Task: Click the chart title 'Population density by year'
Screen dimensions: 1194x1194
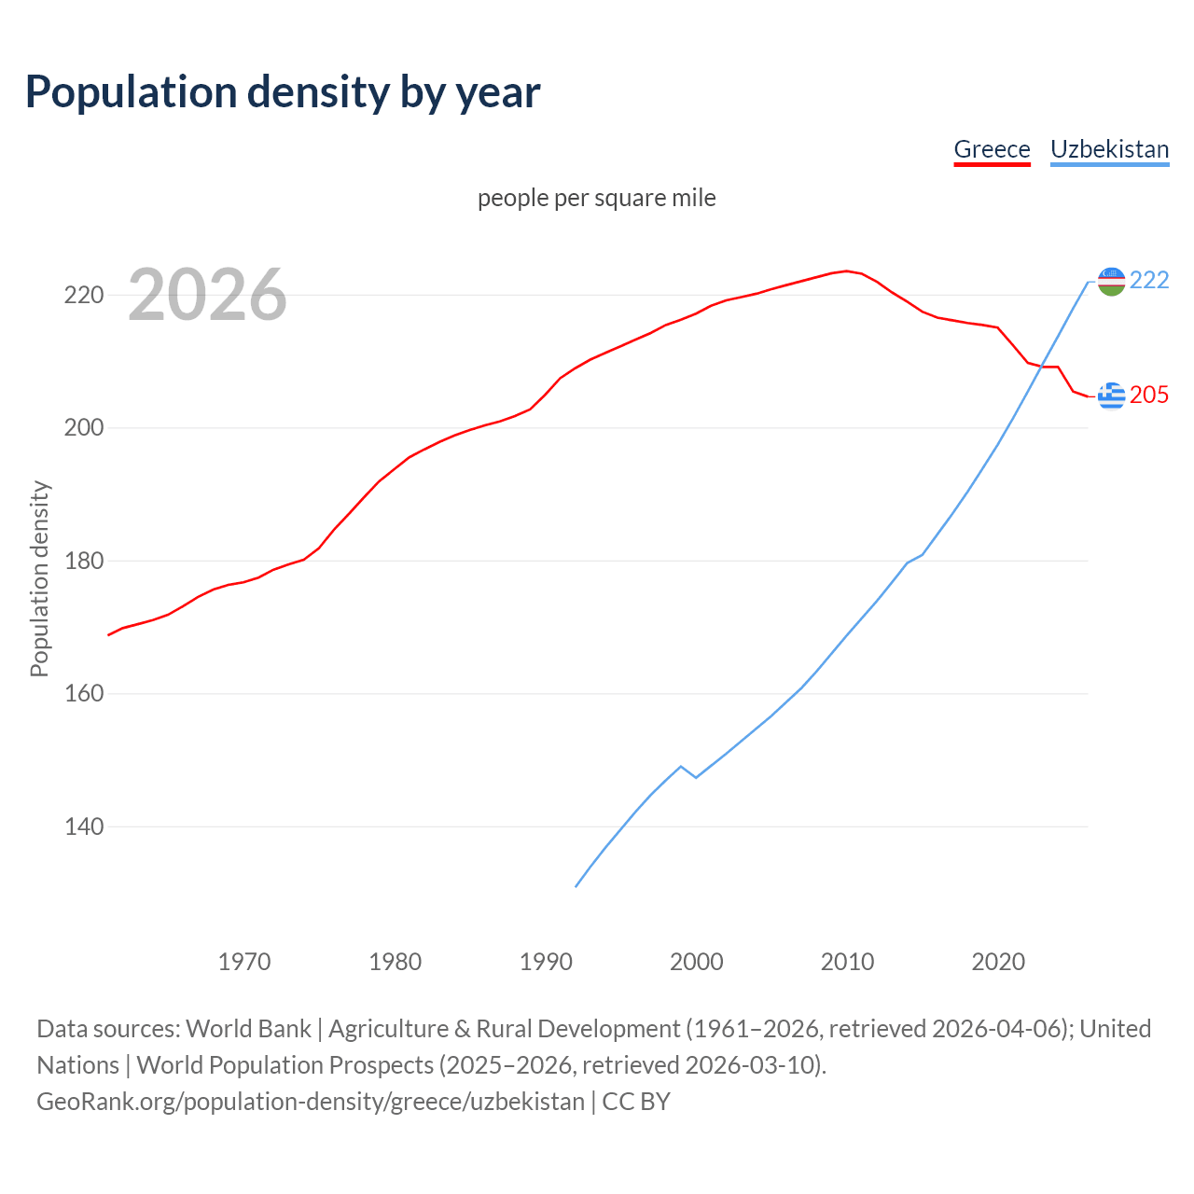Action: click(283, 92)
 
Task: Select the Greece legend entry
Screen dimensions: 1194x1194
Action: click(992, 149)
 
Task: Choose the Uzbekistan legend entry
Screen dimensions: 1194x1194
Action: click(1109, 149)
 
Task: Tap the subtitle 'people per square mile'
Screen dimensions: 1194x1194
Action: click(597, 198)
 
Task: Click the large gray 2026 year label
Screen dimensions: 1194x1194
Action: click(207, 295)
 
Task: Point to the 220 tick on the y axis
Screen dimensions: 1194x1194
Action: click(83, 296)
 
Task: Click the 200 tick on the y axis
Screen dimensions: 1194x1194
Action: click(83, 428)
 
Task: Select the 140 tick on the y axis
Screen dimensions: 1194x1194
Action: click(83, 827)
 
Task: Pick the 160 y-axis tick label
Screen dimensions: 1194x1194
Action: click(83, 694)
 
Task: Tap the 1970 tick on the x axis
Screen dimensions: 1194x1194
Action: click(244, 962)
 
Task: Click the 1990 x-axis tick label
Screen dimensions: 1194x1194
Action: click(546, 962)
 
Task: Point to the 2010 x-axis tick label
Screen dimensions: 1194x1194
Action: click(847, 962)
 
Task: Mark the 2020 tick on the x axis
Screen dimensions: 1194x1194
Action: click(998, 962)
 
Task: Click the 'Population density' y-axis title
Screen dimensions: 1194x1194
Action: click(39, 578)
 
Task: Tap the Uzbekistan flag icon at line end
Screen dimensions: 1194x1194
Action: click(1111, 281)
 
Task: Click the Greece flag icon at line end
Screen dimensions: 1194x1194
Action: click(1111, 396)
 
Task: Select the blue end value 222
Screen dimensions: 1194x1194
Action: click(1149, 280)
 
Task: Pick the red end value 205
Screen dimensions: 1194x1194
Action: click(1149, 396)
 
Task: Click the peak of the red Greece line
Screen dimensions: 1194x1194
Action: click(847, 271)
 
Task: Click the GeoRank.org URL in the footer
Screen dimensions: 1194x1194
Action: click(311, 1102)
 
